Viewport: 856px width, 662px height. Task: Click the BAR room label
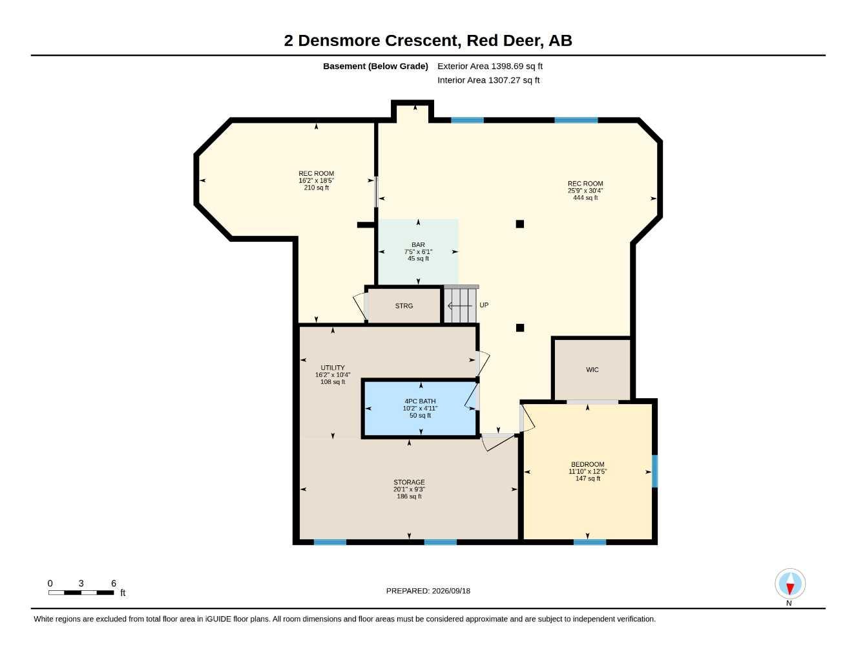418,245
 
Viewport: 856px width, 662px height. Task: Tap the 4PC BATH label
420,401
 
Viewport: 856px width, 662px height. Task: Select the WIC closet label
592,370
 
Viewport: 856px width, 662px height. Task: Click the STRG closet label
404,306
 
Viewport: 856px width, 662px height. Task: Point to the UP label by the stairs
484,305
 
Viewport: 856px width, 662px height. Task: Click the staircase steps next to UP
461,305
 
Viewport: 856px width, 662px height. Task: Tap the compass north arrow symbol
790,584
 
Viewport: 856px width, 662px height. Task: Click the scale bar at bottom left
81,592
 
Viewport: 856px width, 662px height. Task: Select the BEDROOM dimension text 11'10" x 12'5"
587,471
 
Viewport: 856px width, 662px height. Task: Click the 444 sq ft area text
585,198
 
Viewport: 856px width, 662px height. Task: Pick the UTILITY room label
333,368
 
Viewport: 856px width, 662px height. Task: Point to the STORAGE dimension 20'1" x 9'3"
409,489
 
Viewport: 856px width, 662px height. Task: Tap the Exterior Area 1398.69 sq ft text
490,66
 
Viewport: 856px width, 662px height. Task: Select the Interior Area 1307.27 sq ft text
488,80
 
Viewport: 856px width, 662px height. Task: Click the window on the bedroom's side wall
654,471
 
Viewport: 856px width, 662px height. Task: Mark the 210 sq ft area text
316,187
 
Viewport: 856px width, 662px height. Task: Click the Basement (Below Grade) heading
375,66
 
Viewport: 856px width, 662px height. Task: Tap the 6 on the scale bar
114,583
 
